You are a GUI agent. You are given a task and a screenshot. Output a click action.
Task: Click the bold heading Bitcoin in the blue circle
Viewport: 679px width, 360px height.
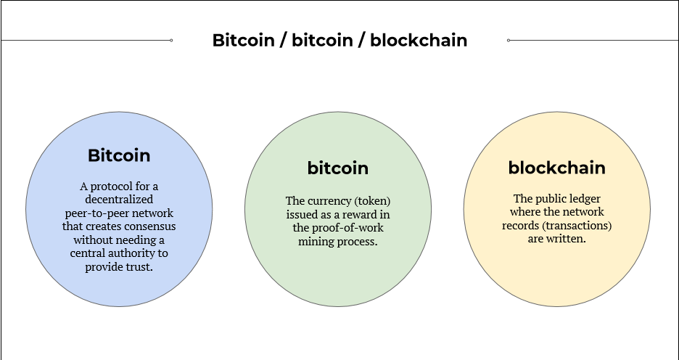pyautogui.click(x=119, y=155)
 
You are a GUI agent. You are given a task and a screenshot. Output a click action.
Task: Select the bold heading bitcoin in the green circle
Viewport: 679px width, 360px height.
pyautogui.click(x=338, y=168)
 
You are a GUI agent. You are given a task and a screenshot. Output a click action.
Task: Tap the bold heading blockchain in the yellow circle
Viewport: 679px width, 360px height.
pyautogui.click(x=556, y=168)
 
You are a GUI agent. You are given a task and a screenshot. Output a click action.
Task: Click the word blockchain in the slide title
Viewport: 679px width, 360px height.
pyautogui.click(x=419, y=40)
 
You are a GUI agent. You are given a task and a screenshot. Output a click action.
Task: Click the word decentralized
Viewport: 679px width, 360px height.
pyautogui.click(x=118, y=200)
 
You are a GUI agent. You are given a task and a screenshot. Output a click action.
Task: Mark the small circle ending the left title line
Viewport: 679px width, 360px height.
pyautogui.click(x=170, y=40)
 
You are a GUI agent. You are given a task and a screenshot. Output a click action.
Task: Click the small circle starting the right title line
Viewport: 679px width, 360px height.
pyautogui.click(x=509, y=40)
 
